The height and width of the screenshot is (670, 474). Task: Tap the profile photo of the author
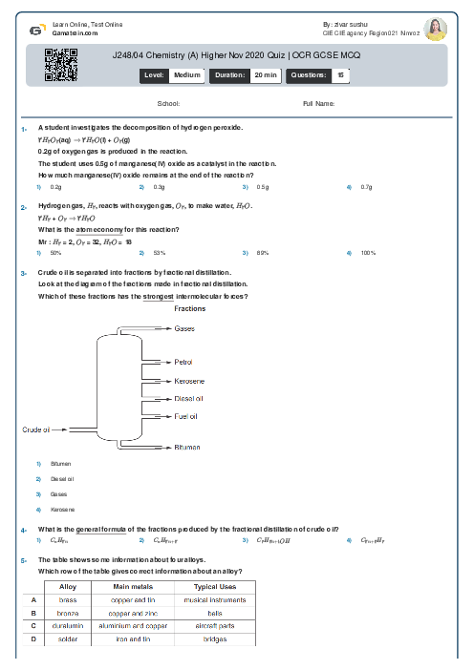435,29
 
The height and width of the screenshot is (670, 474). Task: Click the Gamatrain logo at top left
35,30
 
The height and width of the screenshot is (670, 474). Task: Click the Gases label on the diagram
184,328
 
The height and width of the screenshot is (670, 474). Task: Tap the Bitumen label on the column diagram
187,447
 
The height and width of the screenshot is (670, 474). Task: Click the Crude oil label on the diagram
35,429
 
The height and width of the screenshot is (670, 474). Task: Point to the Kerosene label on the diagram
189,380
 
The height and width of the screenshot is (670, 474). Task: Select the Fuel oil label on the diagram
186,416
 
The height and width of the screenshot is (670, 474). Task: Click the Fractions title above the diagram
189,308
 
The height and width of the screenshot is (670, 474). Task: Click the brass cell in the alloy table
68,599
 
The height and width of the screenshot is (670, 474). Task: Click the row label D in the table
33,639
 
